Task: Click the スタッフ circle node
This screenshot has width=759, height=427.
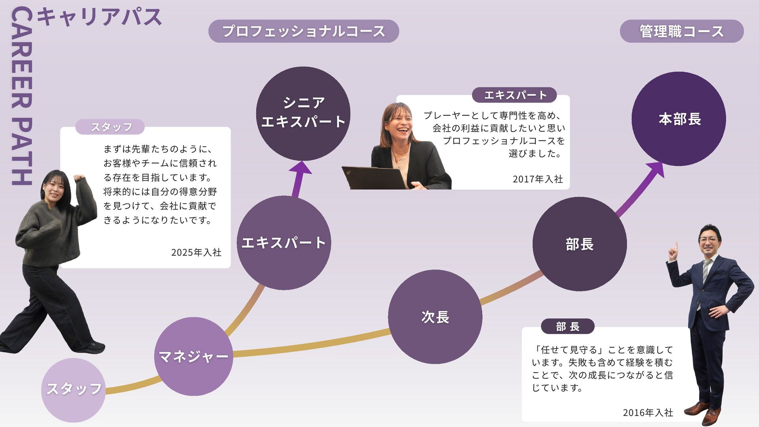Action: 74,389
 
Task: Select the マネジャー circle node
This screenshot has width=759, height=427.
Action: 193,356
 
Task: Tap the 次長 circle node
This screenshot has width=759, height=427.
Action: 435,317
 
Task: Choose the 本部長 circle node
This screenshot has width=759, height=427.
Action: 679,119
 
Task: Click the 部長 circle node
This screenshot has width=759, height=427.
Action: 579,244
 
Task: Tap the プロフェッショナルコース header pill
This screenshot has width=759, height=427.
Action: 303,31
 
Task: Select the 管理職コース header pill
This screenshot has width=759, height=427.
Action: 681,31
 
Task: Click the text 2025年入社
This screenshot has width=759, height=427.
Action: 196,252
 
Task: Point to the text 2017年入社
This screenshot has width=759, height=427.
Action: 538,179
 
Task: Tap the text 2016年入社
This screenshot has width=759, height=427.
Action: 648,412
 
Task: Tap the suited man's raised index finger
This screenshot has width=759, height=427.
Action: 676,247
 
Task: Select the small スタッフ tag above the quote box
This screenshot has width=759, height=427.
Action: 110,127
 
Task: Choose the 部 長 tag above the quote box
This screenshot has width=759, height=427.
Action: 568,326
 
